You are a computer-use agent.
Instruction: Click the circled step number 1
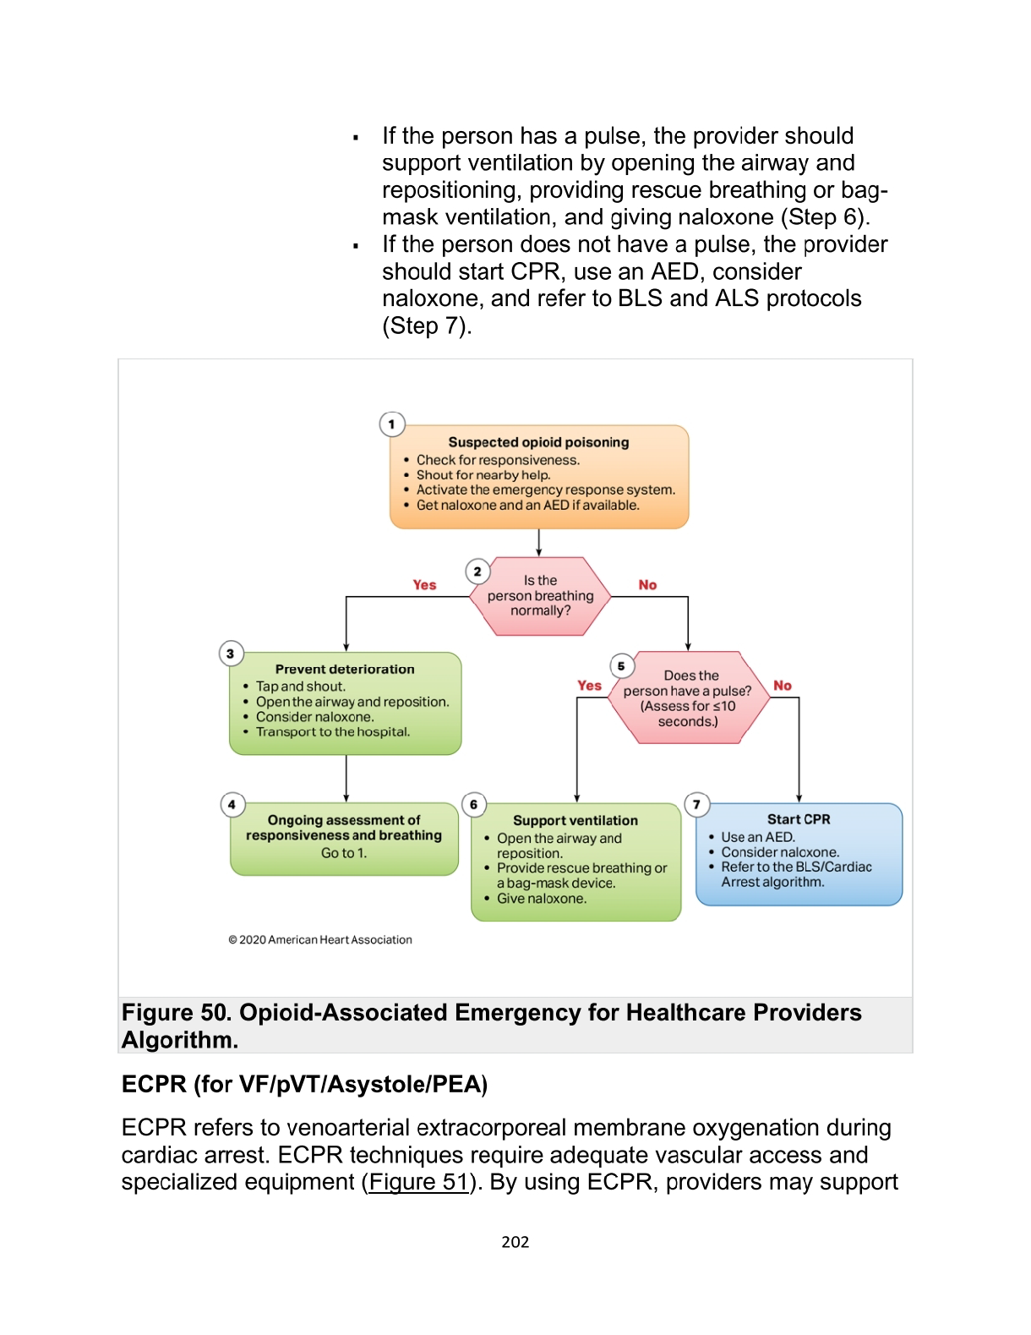click(x=392, y=424)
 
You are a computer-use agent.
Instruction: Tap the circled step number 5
click(x=621, y=666)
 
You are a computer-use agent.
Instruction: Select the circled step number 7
click(x=696, y=804)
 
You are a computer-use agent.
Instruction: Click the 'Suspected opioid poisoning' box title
click(x=538, y=442)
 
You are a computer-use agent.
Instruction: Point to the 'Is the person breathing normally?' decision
click(x=540, y=596)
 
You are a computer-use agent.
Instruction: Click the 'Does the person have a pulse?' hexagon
click(x=688, y=698)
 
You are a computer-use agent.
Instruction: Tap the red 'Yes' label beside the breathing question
click(x=424, y=585)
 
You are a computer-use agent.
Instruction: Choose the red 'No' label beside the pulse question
click(x=783, y=686)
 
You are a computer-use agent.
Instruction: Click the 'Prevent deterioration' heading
click(x=345, y=670)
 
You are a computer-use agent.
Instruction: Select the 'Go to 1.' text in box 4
click(x=344, y=853)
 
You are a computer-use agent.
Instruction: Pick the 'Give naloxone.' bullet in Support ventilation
click(x=541, y=899)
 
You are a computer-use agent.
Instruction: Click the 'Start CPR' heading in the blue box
click(x=799, y=819)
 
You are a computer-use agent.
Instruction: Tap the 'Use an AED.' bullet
click(x=758, y=837)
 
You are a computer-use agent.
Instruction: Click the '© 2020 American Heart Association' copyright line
click(x=320, y=940)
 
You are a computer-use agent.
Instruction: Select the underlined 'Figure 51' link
click(x=419, y=1182)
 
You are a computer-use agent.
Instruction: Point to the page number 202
click(x=515, y=1242)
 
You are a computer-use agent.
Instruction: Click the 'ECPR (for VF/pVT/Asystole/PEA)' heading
click(x=305, y=1085)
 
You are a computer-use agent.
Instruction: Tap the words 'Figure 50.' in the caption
click(x=176, y=1013)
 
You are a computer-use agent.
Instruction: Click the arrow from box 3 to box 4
click(x=346, y=779)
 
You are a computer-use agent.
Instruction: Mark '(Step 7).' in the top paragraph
click(x=427, y=326)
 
